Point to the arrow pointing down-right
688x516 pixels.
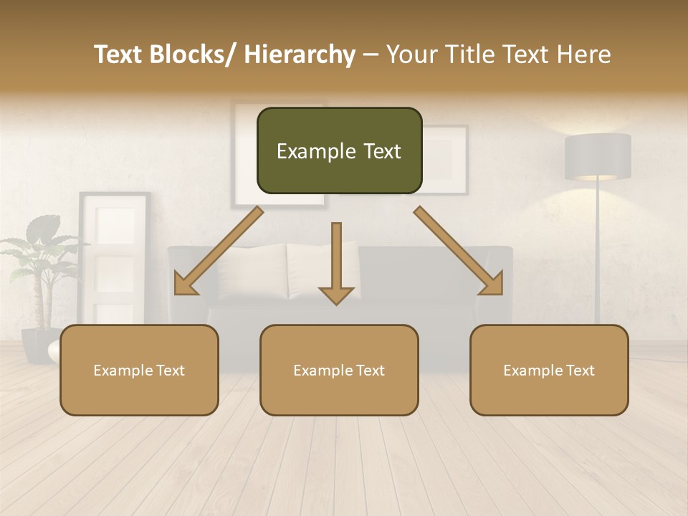point(459,251)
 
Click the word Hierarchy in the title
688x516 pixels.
point(300,54)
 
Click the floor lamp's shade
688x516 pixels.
point(598,156)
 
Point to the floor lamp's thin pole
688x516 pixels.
point(598,251)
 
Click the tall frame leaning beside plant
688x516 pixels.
point(115,258)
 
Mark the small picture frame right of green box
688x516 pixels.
point(446,159)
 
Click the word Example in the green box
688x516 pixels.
point(309,151)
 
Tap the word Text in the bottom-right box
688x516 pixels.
point(580,371)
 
